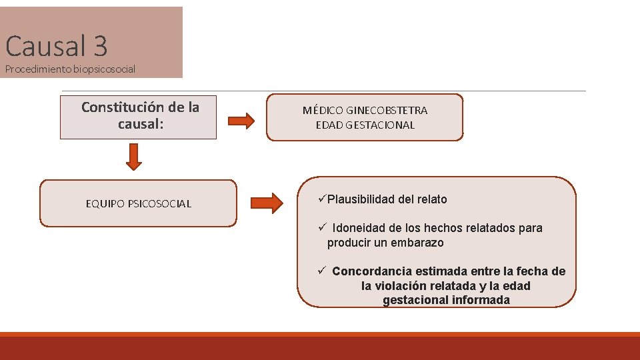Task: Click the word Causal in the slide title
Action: [x=45, y=46]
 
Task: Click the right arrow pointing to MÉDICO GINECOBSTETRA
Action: [x=241, y=121]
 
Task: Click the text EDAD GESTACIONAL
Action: [x=365, y=125]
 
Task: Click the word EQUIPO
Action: [x=103, y=204]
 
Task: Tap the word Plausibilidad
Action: [x=361, y=199]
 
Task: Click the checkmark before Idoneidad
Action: [x=321, y=227]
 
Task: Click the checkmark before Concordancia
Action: [x=321, y=271]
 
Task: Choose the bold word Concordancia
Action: [x=372, y=271]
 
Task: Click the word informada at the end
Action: [x=481, y=300]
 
